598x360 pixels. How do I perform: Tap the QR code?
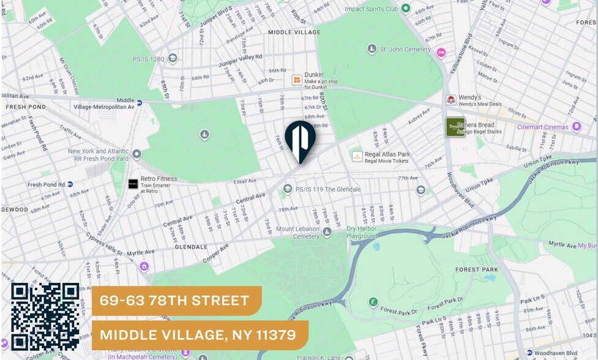point(45,317)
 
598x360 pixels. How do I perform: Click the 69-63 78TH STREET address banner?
point(176,301)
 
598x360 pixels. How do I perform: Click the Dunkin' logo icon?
point(297,80)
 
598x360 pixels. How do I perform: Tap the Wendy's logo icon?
point(450,100)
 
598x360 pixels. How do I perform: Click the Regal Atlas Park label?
point(387,154)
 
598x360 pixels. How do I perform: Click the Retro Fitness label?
point(159,179)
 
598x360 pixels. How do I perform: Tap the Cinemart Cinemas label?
point(542,127)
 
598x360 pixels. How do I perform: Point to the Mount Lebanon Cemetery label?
point(297,233)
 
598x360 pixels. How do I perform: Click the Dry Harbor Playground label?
point(362,232)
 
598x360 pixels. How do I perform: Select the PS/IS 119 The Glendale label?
point(327,189)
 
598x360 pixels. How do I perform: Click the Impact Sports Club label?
point(371,9)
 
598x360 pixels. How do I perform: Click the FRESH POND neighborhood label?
point(26,107)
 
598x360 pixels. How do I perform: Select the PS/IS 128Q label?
point(149,59)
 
